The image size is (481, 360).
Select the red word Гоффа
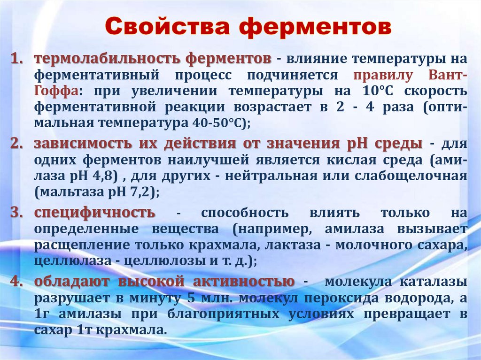[52, 91]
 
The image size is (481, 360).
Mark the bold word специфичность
[94, 213]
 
